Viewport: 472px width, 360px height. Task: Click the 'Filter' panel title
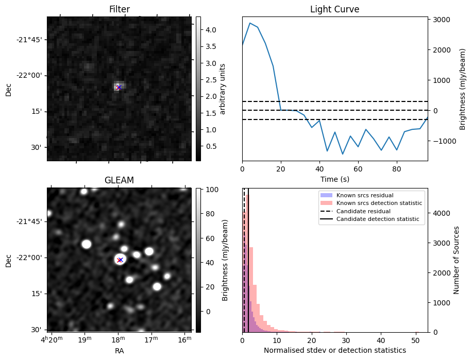tap(119, 9)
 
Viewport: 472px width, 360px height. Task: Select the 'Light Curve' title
tap(334, 9)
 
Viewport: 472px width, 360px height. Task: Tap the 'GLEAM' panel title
tap(119, 180)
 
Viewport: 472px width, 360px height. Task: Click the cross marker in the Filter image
tap(119, 88)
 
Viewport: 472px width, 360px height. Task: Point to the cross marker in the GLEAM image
tap(120, 260)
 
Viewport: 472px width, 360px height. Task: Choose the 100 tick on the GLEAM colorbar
tap(205, 190)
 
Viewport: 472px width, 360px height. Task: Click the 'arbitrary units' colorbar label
tap(223, 89)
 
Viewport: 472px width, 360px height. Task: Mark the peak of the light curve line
tap(250, 23)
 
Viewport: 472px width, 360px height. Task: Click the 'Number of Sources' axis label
tap(457, 260)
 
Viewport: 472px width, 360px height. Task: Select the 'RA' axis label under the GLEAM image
tap(119, 351)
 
